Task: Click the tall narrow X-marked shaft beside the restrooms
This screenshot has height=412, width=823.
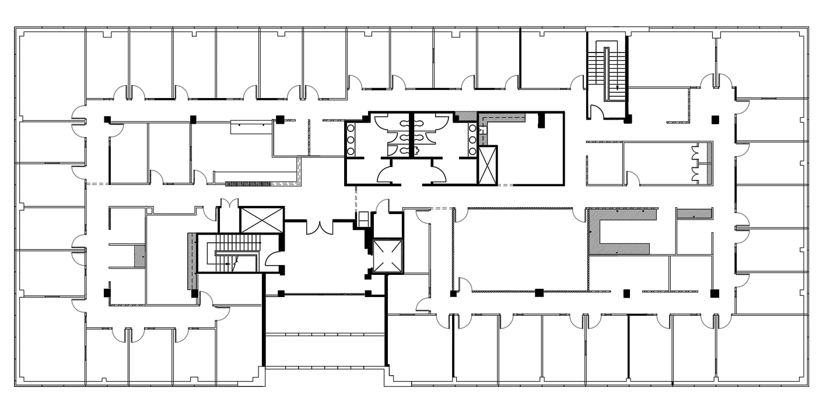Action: pos(487,165)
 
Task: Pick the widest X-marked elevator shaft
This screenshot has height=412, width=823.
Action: pos(261,219)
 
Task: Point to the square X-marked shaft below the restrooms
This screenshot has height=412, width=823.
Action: pos(388,256)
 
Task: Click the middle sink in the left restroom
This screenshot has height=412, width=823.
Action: pos(351,140)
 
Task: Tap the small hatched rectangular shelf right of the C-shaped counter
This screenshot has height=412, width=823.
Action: pos(694,214)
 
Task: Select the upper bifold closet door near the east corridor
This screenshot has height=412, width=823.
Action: pos(695,154)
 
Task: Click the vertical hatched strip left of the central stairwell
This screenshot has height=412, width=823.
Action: pos(190,260)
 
